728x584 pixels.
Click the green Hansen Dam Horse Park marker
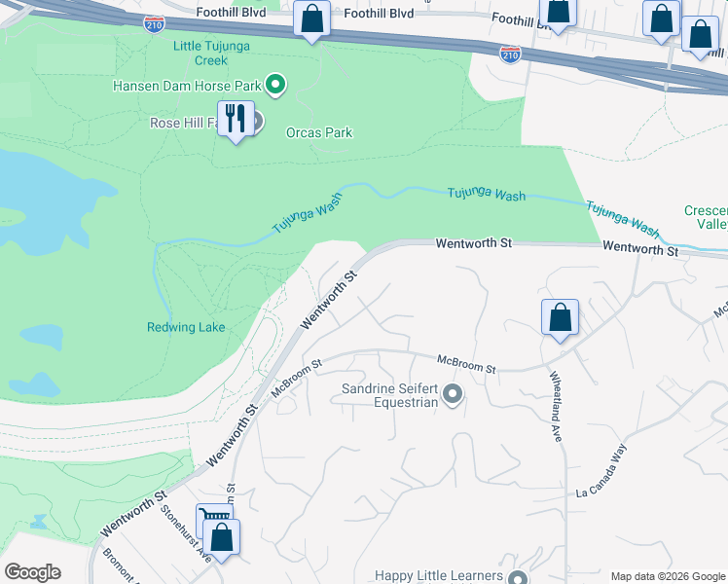point(275,86)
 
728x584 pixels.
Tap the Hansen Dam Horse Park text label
point(187,86)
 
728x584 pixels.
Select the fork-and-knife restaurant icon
point(235,120)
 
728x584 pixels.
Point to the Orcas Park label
point(319,132)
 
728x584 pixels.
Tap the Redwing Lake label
point(186,327)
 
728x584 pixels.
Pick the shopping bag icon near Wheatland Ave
point(560,318)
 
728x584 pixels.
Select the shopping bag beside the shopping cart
point(222,538)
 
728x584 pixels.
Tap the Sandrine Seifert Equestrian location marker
point(452,394)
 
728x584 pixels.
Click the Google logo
point(32,572)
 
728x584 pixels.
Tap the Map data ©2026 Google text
point(667,576)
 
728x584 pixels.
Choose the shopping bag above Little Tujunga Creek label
point(311,18)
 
